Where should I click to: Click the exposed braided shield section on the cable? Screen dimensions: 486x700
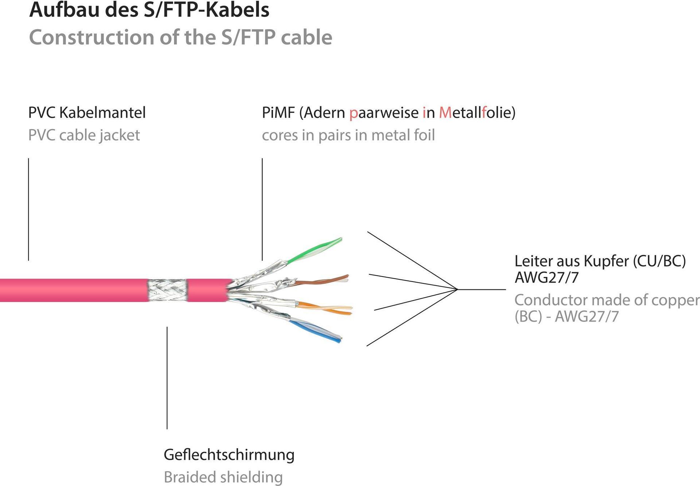168,290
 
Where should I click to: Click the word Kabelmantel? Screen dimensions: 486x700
102,113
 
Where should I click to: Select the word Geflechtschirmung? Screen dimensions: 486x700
229,455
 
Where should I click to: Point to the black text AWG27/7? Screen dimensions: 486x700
547,278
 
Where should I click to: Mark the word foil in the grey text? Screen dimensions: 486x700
424,135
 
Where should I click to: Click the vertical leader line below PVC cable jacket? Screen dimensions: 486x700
28,209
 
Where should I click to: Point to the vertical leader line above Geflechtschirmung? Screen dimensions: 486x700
167,378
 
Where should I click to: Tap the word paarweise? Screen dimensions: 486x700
384,113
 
